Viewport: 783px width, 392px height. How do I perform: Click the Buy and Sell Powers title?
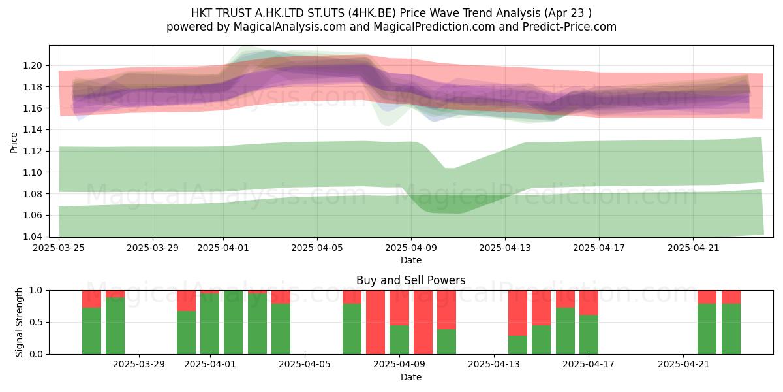point(410,280)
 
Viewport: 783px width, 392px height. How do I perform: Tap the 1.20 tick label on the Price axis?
point(33,65)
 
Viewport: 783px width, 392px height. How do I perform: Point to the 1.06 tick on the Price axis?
point(33,215)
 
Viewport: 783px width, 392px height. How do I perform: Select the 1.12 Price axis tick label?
point(33,151)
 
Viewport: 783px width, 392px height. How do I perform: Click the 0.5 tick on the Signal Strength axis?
point(37,322)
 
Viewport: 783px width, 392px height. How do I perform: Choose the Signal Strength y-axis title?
point(19,322)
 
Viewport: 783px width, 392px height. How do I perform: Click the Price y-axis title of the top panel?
point(14,142)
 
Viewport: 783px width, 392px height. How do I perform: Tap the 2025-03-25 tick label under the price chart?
point(59,248)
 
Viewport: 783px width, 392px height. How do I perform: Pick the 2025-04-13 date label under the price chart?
point(505,248)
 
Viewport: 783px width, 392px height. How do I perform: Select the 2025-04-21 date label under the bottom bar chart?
point(683,365)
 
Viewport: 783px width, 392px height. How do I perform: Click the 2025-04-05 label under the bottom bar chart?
point(305,365)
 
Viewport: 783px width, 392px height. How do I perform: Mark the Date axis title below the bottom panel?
point(410,377)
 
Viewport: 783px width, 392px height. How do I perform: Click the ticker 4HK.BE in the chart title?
point(374,13)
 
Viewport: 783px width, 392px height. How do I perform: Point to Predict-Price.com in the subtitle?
point(570,27)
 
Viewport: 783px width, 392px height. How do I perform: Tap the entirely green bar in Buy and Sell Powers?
point(233,322)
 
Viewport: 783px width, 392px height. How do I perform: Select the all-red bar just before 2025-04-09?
point(375,322)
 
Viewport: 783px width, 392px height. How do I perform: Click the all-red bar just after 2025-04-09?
point(423,322)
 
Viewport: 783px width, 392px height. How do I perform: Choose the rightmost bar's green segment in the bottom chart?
point(731,329)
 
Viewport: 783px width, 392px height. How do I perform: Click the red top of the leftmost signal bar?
point(91,299)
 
